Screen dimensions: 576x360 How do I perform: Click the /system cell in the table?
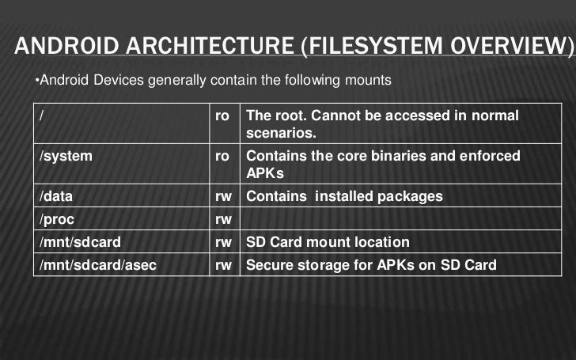pyautogui.click(x=66, y=156)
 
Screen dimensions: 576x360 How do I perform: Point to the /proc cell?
pyautogui.click(x=58, y=219)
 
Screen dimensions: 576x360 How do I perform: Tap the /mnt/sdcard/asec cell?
pyautogui.click(x=97, y=265)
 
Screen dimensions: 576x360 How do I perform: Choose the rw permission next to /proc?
pyautogui.click(x=223, y=219)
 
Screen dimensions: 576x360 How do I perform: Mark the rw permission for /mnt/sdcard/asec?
pyautogui.click(x=223, y=265)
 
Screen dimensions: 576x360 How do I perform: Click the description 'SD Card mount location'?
pyautogui.click(x=328, y=242)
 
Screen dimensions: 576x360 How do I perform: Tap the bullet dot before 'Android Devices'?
pyautogui.click(x=36, y=81)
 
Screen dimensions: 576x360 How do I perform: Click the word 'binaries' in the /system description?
pyautogui.click(x=414, y=156)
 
